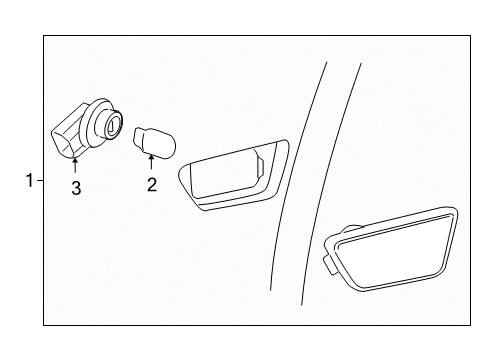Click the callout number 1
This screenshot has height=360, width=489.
coord(30,181)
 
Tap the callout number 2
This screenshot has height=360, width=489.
coord(153,184)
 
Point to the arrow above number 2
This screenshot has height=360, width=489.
coord(152,164)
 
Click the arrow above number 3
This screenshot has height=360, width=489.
coord(75,166)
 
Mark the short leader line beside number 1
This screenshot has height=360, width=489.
coord(40,181)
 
